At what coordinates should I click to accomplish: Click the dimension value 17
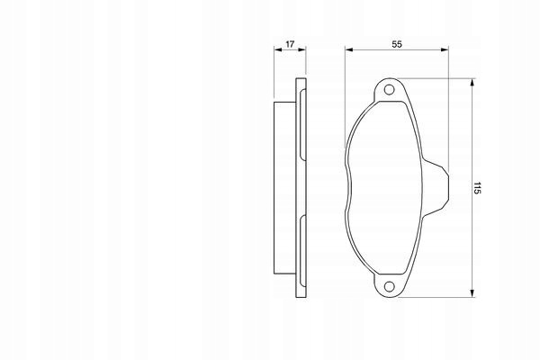click(x=290, y=44)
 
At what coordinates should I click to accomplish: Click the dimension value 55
click(x=397, y=44)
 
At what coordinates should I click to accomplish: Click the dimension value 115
click(x=477, y=188)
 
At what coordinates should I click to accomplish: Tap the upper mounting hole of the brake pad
click(x=389, y=90)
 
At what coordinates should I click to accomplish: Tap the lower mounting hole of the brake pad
click(x=389, y=286)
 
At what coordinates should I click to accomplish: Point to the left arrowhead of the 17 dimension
click(x=278, y=49)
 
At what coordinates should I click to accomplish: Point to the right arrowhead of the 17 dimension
click(x=302, y=49)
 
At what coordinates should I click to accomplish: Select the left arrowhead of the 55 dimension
click(x=349, y=49)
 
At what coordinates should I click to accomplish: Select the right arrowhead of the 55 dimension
click(x=445, y=49)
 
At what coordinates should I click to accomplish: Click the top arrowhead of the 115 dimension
click(x=472, y=83)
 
